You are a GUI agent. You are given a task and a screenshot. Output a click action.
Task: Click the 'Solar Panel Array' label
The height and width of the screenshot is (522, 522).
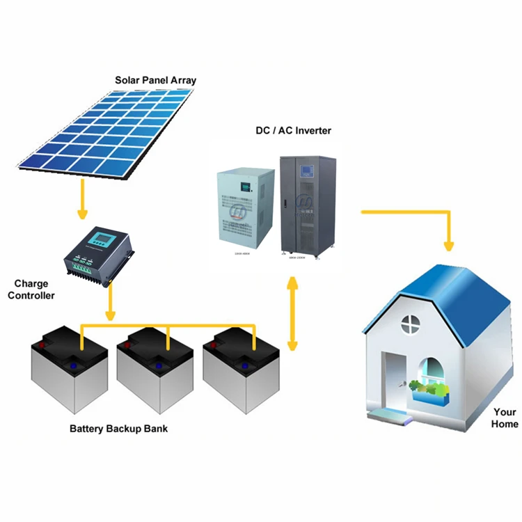tap(155, 80)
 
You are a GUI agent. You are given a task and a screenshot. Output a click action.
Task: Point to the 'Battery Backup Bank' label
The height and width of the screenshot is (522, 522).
tap(118, 428)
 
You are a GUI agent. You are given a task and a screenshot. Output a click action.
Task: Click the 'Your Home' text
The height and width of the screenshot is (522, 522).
tap(505, 418)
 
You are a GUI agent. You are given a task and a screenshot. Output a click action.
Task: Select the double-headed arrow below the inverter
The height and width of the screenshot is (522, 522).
tap(293, 313)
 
